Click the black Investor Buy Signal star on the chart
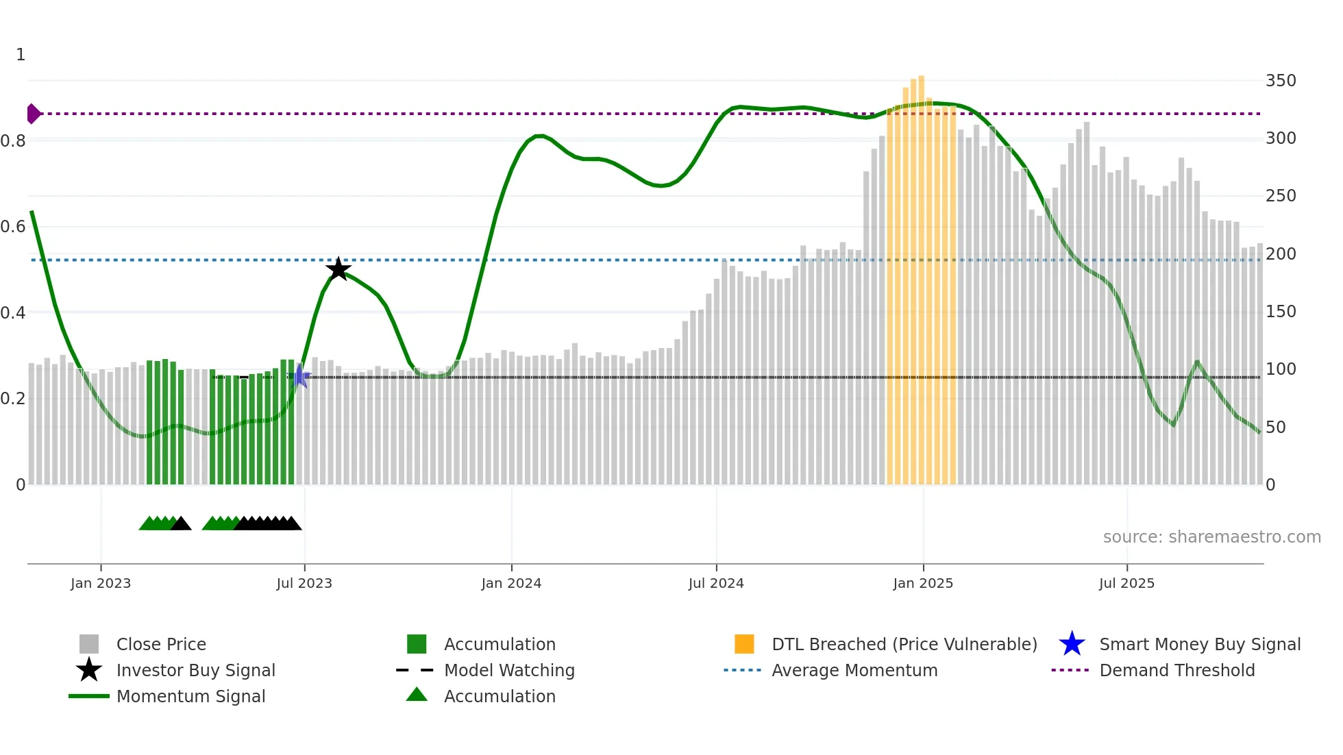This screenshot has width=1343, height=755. coord(338,269)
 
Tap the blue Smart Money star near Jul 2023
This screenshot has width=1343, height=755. coord(299,376)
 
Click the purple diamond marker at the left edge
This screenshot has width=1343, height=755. coord(33,114)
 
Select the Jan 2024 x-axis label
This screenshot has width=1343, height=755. coord(511,584)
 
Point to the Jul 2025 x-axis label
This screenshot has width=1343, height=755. coord(1126,584)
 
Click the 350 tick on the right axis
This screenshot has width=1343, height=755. coord(1281,81)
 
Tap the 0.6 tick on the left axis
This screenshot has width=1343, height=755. coord(13,227)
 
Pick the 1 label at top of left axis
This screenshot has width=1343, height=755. coord(21,55)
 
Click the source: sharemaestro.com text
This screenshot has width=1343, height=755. coord(1211,537)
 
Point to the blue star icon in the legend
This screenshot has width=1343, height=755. coord(1072,645)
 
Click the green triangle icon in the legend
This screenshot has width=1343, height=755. coord(417,695)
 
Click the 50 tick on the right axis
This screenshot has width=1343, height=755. coord(1275,428)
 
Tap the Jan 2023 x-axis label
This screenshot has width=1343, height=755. coord(101,584)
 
